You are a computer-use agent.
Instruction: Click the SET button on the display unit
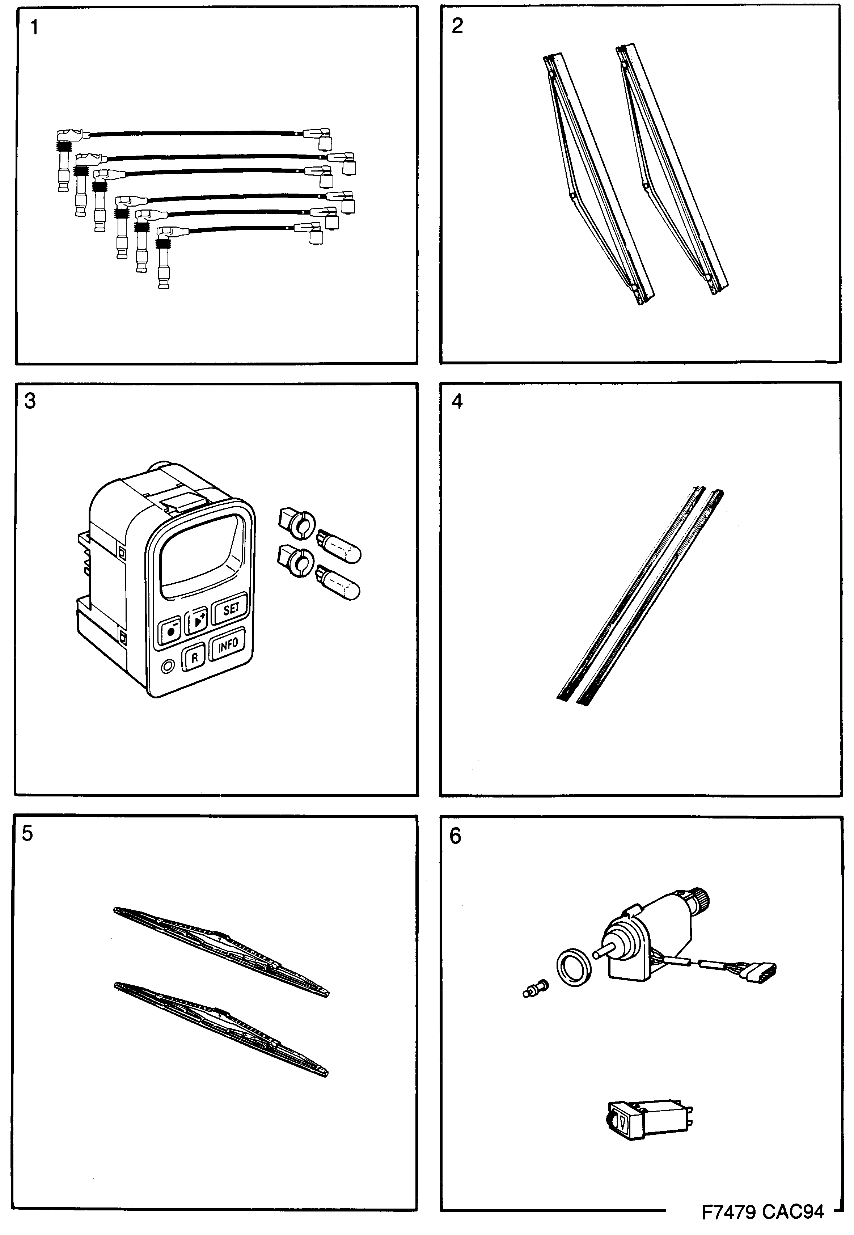coord(230,609)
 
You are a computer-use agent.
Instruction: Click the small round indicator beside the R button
coord(168,666)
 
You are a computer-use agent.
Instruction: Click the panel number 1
coord(34,27)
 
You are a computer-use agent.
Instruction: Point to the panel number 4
coord(457,401)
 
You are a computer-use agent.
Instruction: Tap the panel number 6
coord(455,836)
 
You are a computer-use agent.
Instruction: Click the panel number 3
coord(30,401)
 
